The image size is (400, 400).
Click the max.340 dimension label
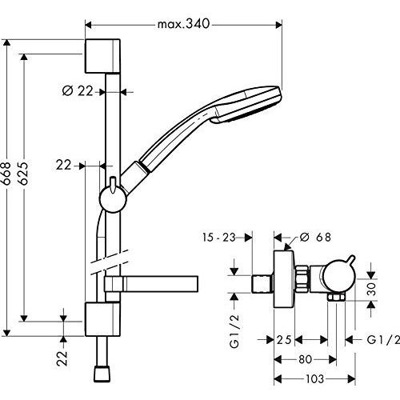point(183,24)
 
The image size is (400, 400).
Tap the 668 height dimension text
point(6,173)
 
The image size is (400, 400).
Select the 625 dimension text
point(23,173)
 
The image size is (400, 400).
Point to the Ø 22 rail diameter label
point(78,91)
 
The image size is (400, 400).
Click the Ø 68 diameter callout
point(315,237)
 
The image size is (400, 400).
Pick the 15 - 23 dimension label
point(219,237)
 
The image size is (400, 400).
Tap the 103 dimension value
point(314,378)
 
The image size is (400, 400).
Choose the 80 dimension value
point(306,359)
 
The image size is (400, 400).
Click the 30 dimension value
point(371,289)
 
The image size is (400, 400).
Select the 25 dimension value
point(284,340)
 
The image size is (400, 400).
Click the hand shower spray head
point(246,105)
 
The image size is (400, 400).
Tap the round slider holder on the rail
point(113,199)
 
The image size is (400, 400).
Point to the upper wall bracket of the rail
point(102,56)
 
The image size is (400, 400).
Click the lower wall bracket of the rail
point(102,319)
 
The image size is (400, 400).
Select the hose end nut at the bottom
point(102,374)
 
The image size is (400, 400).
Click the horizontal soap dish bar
point(151,284)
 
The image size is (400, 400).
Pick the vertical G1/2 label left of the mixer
point(234,331)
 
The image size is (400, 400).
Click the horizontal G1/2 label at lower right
point(383,340)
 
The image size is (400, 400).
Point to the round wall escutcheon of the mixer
point(284,279)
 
